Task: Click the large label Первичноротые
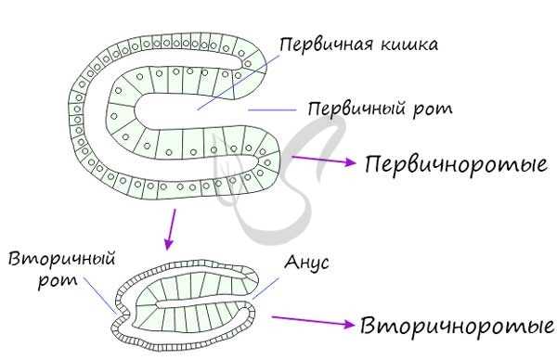(454, 165)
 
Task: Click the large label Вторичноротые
(455, 328)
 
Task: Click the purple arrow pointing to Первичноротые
(324, 162)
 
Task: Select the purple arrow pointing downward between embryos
(171, 229)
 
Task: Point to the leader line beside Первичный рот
(273, 109)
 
